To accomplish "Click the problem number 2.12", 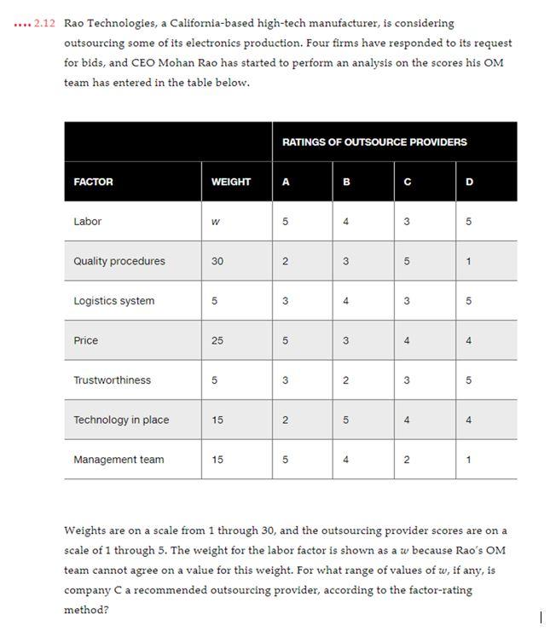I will [x=44, y=23].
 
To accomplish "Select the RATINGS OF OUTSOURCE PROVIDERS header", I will [x=374, y=142].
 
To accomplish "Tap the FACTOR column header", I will [x=93, y=182].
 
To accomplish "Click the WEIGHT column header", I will [x=230, y=182].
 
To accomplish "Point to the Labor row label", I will [x=87, y=222].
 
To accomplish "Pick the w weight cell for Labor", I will [x=216, y=222].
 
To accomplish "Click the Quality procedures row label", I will [x=119, y=261].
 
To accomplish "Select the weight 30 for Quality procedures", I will [x=217, y=261].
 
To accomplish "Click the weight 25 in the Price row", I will [x=217, y=340].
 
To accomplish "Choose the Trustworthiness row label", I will [x=112, y=380].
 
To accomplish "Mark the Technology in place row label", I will [x=121, y=420].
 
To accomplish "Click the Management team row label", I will [x=119, y=460].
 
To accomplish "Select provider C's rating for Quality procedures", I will [x=407, y=261].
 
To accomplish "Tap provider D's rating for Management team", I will [x=468, y=460].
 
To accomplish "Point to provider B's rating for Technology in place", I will [x=345, y=420].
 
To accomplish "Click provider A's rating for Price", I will [x=285, y=340].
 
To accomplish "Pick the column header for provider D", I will [x=468, y=182].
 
